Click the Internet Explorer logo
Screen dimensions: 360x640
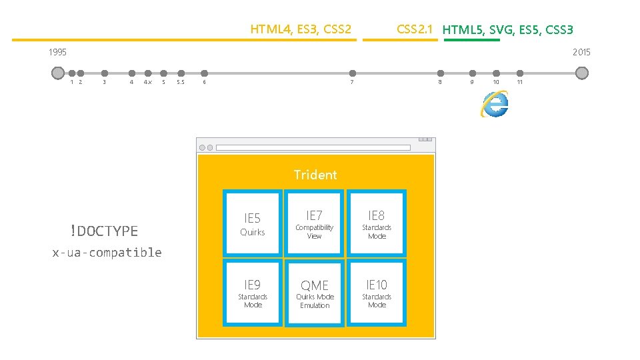click(x=495, y=104)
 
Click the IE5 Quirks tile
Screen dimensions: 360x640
click(x=253, y=223)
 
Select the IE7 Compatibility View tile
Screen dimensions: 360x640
click(x=314, y=223)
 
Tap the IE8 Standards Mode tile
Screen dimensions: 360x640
click(x=377, y=223)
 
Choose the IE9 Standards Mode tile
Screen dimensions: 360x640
click(x=253, y=293)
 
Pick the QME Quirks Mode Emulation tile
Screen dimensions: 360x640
click(x=315, y=293)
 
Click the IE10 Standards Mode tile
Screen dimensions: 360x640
click(x=377, y=293)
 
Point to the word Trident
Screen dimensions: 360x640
click(x=315, y=175)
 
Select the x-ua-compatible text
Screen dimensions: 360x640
click(x=107, y=252)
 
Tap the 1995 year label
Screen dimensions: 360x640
click(x=57, y=52)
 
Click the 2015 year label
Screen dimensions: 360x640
click(x=581, y=52)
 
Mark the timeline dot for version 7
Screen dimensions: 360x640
click(x=353, y=73)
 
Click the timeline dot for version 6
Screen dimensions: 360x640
click(x=205, y=73)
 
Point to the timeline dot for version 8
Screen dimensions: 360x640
click(x=440, y=73)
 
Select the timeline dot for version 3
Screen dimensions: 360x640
click(x=105, y=73)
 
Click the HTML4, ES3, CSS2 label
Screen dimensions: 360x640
click(x=300, y=29)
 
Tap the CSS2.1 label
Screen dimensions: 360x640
click(x=415, y=29)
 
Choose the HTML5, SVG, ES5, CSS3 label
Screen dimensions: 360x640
click(x=507, y=29)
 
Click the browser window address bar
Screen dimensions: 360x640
click(x=313, y=147)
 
